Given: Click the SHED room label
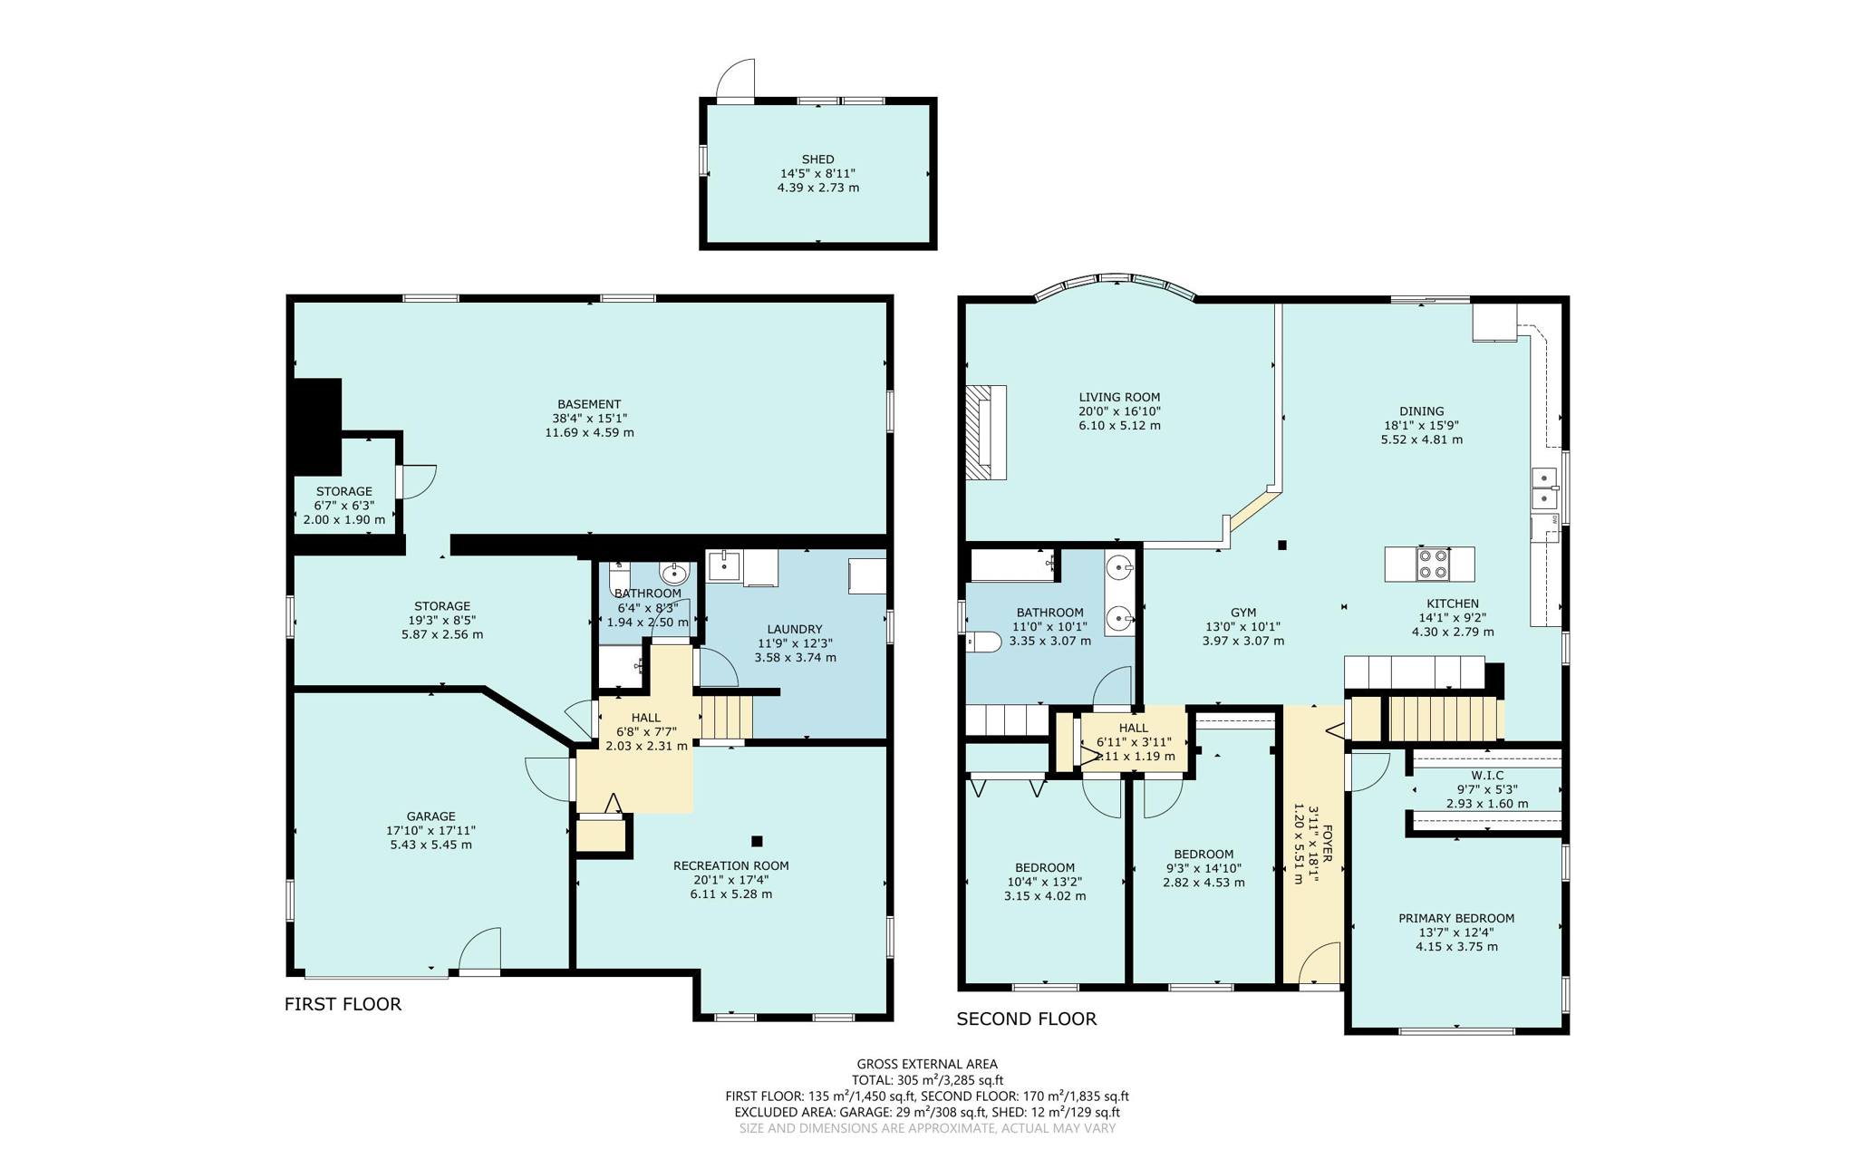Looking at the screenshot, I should [817, 159].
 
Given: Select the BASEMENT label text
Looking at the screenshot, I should [589, 404].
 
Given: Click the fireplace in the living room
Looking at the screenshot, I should [985, 432].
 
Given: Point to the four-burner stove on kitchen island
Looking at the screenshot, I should [1433, 564].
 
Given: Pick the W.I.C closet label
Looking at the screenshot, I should [1486, 776].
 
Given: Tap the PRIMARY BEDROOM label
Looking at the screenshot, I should [1455, 918].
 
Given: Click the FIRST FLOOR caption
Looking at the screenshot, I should [343, 1004].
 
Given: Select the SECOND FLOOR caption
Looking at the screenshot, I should [1026, 1019].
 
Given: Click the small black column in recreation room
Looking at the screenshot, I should [757, 841].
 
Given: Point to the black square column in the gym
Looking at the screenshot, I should [1282, 546].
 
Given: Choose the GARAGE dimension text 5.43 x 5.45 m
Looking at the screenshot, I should [430, 845].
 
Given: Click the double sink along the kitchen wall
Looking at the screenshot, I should [1543, 488].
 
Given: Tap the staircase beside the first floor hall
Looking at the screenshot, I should [727, 716].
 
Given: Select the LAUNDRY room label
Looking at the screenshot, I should [794, 629].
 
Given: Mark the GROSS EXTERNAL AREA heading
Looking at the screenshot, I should [926, 1064].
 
